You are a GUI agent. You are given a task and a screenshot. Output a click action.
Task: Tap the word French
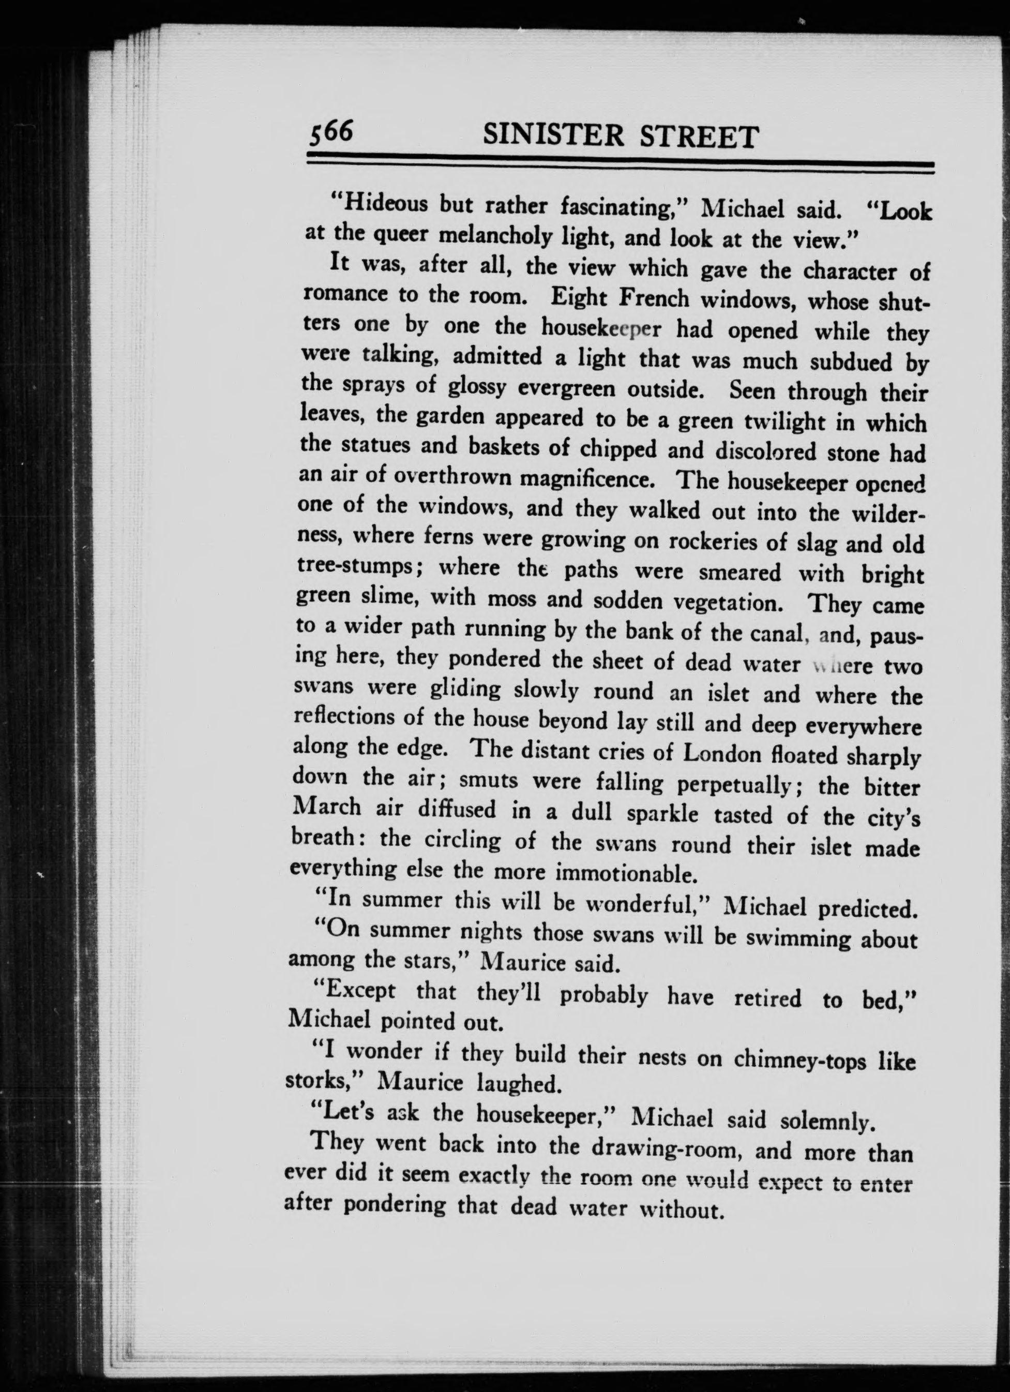coord(654,299)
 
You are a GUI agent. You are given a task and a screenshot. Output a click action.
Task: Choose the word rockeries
coord(727,542)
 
